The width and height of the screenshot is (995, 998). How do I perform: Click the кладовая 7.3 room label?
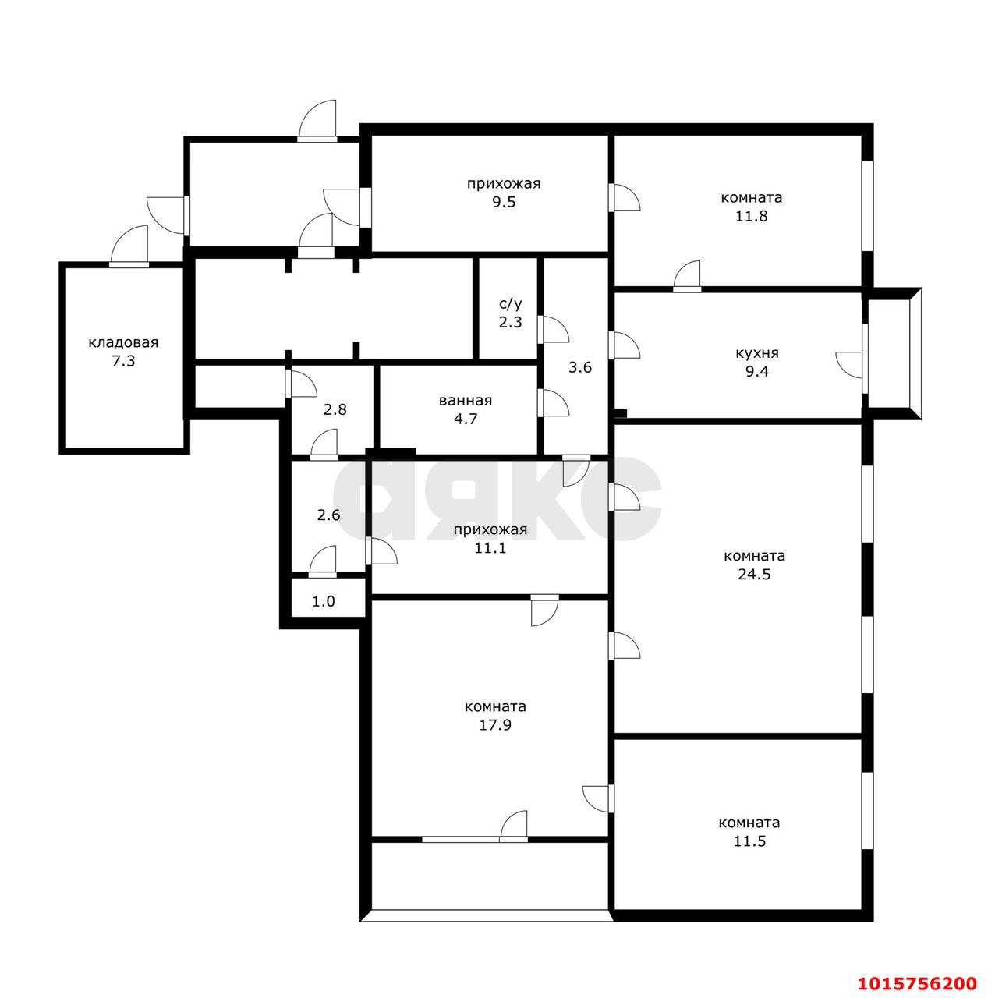tap(123, 352)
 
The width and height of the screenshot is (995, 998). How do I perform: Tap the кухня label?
tap(756, 353)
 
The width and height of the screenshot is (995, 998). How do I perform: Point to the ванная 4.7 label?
tap(466, 409)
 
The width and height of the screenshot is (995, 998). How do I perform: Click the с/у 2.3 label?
tap(510, 312)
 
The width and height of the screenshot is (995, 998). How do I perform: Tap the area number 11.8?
tap(751, 216)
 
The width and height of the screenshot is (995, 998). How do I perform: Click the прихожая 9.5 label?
tap(503, 193)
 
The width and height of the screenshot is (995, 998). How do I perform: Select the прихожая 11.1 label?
tap(490, 539)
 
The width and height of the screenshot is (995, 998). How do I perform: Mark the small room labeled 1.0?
tap(324, 602)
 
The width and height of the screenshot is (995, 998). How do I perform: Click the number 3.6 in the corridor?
tap(579, 367)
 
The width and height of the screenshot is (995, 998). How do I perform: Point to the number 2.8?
tap(335, 409)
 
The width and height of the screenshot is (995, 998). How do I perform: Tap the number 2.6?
tap(328, 515)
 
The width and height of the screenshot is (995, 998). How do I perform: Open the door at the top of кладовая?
tap(129, 248)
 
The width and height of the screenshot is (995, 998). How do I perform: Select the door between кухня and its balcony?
tap(852, 365)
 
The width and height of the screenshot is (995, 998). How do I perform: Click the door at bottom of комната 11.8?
tap(688, 277)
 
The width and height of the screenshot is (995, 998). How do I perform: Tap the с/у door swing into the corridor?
tap(553, 330)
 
